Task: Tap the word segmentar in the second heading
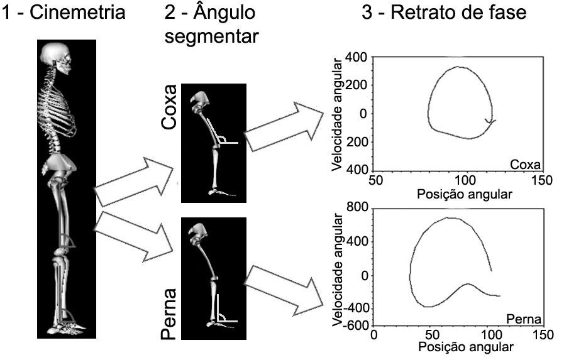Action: click(x=211, y=36)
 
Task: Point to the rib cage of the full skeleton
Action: click(x=58, y=108)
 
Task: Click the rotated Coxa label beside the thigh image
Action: click(x=169, y=107)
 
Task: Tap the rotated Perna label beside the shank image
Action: click(x=169, y=314)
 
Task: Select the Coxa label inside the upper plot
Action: click(x=526, y=165)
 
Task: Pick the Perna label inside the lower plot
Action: click(x=523, y=319)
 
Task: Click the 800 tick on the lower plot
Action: click(x=357, y=207)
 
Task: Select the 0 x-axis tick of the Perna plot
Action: click(x=374, y=335)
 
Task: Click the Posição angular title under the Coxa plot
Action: click(x=465, y=194)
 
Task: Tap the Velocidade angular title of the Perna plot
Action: click(x=337, y=270)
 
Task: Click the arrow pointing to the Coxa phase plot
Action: click(x=284, y=127)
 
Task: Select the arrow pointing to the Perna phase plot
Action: click(x=284, y=291)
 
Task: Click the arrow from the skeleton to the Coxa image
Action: click(x=134, y=182)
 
